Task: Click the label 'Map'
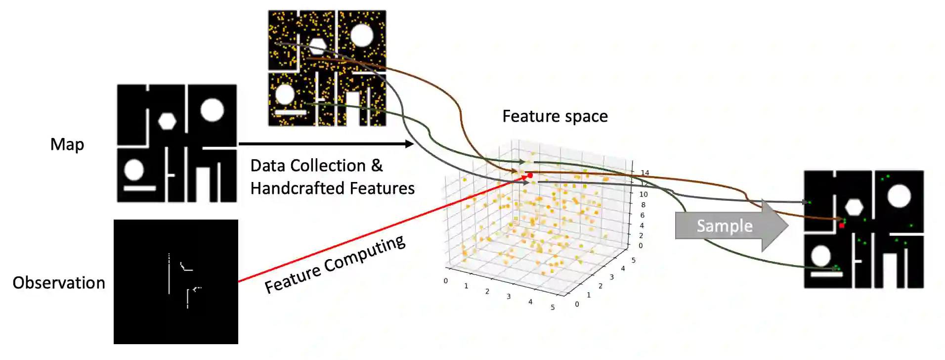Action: [67, 144]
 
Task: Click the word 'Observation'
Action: [59, 282]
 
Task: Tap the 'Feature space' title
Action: [555, 116]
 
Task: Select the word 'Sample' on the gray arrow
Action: [725, 226]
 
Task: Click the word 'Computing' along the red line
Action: [364, 255]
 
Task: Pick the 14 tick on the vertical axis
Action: [644, 173]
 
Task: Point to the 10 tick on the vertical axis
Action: [643, 194]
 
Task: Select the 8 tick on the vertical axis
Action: [643, 205]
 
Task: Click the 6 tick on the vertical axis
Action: [643, 215]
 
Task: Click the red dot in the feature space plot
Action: [530, 176]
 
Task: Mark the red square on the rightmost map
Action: [842, 225]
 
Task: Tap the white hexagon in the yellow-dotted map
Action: [317, 46]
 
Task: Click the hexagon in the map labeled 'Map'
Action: [167, 121]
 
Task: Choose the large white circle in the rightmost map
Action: [899, 196]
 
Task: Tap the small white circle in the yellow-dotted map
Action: [285, 94]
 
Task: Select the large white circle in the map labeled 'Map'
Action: [212, 110]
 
